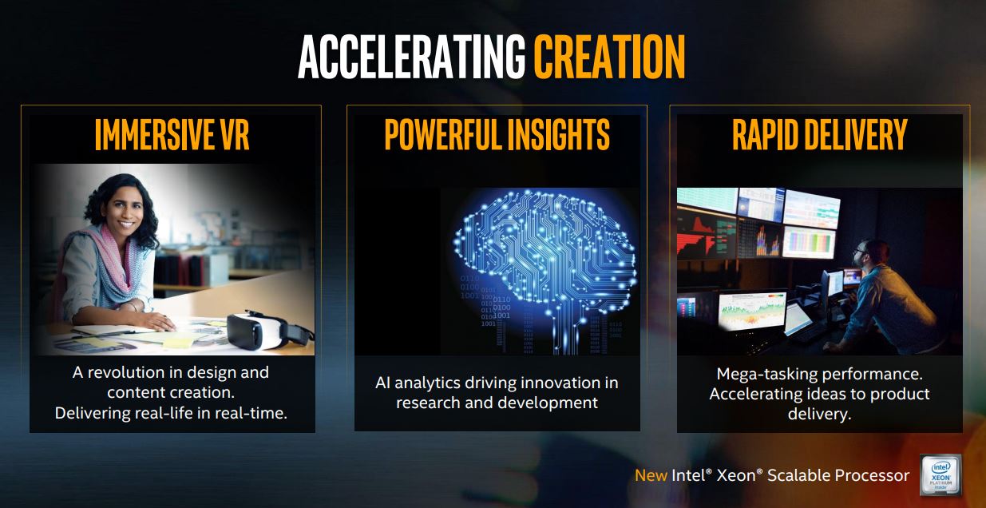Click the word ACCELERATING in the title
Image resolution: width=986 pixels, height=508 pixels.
[x=412, y=58]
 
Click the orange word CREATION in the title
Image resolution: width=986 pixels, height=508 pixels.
[x=609, y=58]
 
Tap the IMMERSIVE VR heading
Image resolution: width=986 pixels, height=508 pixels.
[x=172, y=134]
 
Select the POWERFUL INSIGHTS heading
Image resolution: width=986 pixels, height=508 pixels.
[x=497, y=134]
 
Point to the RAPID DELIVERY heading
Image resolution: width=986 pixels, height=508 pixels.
[x=820, y=134]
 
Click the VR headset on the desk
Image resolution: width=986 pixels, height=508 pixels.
[x=269, y=330]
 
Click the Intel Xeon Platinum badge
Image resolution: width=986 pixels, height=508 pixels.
[x=940, y=475]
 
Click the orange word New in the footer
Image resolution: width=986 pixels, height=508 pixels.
[x=651, y=475]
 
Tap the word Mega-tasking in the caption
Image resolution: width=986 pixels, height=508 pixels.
[x=766, y=374]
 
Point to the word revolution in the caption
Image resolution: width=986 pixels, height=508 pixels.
[x=126, y=372]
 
